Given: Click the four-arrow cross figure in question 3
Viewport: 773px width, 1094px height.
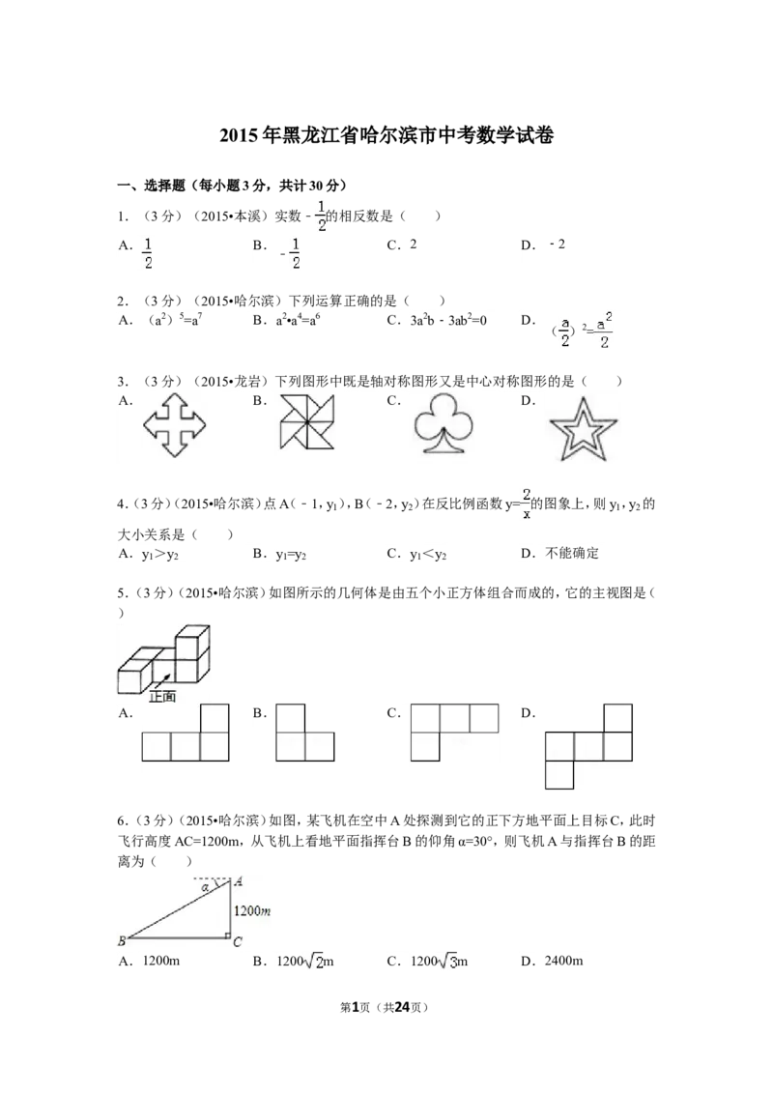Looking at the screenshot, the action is click(x=175, y=425).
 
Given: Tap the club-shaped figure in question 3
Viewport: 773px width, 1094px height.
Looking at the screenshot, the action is click(x=444, y=424).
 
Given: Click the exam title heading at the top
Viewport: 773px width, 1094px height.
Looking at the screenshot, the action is click(x=386, y=134).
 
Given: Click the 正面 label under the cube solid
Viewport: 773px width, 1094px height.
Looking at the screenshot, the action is click(x=162, y=696).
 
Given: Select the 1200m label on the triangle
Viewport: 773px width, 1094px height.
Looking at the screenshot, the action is click(x=252, y=910).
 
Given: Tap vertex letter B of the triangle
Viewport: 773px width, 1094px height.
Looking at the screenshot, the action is click(x=122, y=941).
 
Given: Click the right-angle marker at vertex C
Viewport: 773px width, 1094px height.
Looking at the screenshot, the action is click(x=227, y=936).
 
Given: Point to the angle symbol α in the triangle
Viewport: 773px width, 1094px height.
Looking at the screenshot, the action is click(x=205, y=887).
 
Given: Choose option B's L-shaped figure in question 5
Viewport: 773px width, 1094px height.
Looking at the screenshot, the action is click(x=305, y=733).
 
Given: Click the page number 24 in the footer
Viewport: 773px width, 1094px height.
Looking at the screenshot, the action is click(x=402, y=1007).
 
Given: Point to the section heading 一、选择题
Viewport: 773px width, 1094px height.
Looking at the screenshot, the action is click(x=151, y=186).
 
